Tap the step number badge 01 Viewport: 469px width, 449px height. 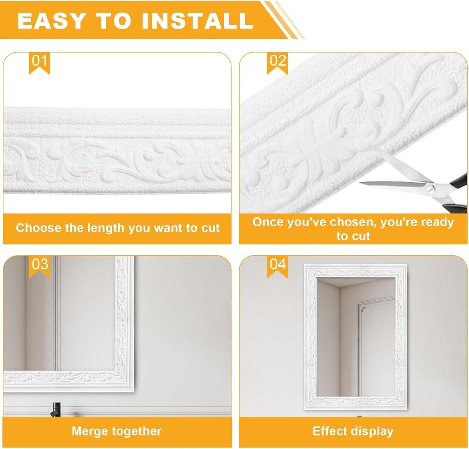click(x=39, y=63)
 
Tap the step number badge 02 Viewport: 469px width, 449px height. click(x=277, y=63)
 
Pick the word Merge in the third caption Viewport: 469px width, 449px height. click(x=86, y=431)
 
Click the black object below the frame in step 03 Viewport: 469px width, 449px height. click(x=56, y=410)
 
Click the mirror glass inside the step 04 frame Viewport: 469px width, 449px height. click(x=356, y=337)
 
